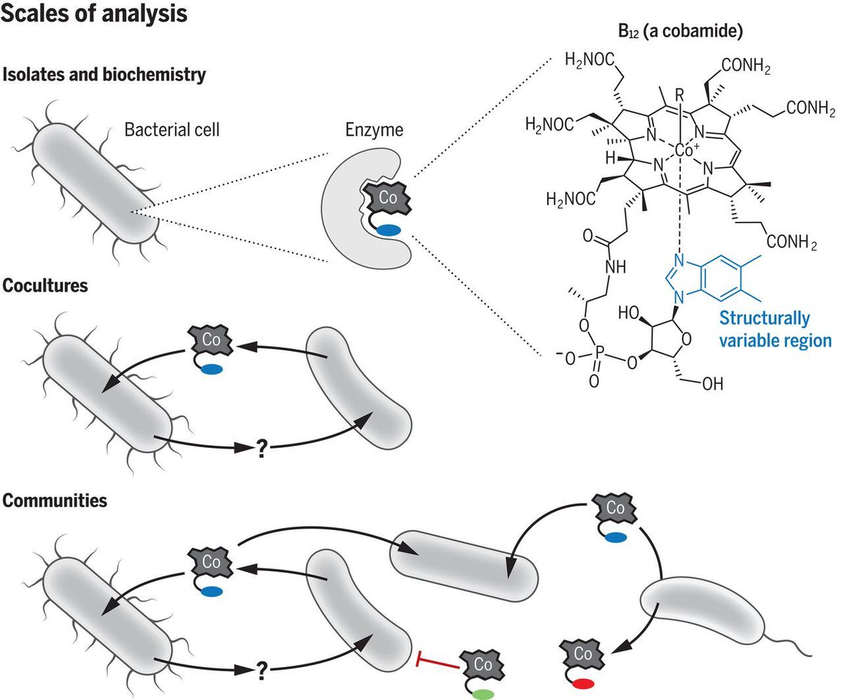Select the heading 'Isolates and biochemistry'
[x=105, y=74]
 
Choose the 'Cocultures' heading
[x=46, y=288]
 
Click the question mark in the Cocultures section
[x=261, y=451]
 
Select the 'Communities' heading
[x=55, y=501]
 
